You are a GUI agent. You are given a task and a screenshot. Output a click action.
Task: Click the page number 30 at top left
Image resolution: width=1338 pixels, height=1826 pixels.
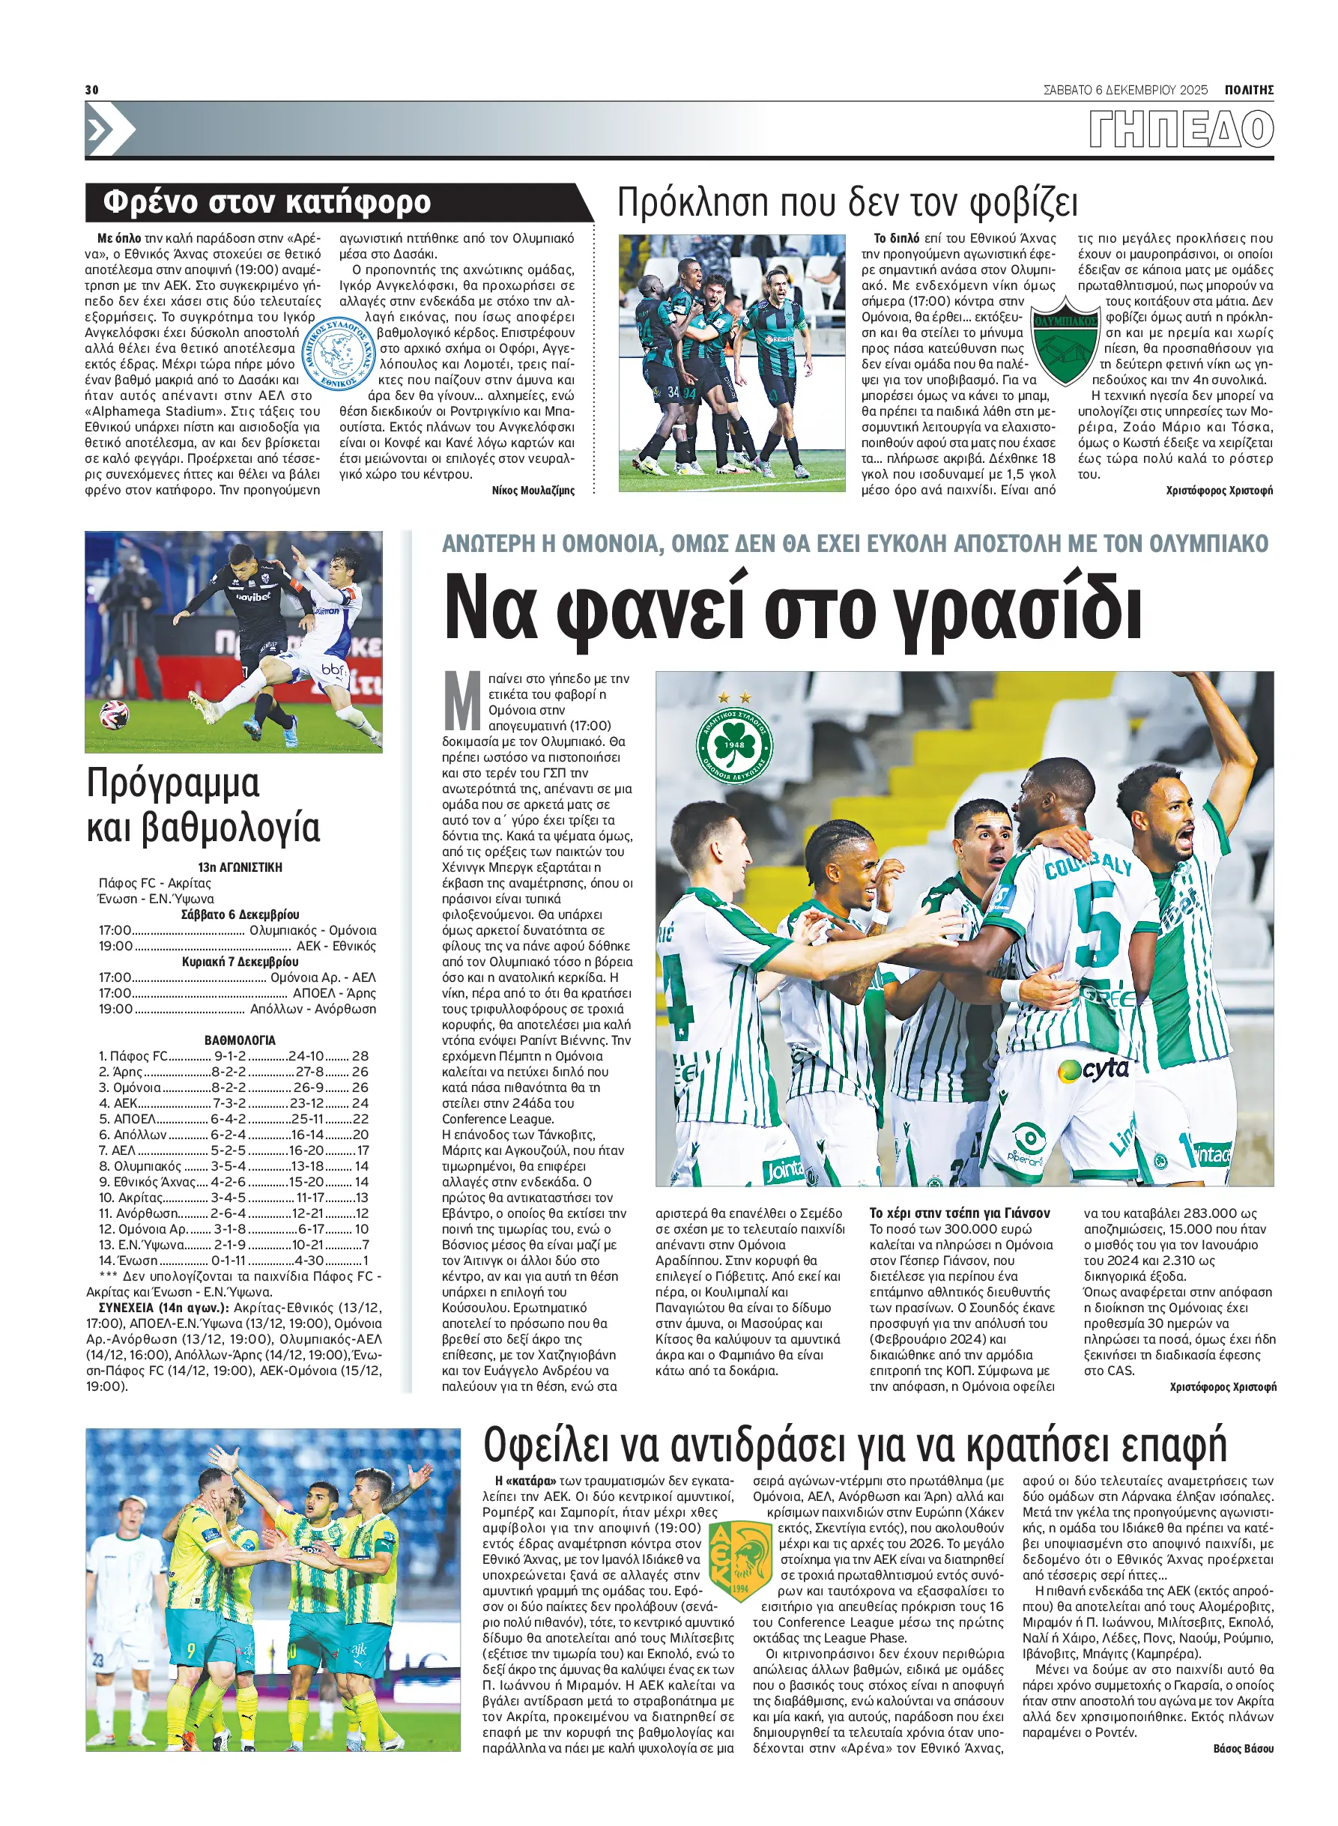point(91,89)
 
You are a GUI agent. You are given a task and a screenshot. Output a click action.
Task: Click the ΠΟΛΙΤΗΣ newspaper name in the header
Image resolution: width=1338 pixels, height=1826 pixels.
point(1248,90)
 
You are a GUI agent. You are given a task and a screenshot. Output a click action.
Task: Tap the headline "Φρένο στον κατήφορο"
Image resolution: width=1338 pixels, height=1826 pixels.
point(267,201)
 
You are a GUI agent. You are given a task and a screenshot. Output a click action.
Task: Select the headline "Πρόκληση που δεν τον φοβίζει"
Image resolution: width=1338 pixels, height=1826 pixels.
point(847,202)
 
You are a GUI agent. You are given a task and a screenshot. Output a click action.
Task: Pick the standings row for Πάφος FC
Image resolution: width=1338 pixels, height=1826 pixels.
point(233,1056)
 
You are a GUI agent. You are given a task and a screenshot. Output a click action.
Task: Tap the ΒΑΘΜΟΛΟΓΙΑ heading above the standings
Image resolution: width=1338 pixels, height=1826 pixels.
point(240,1040)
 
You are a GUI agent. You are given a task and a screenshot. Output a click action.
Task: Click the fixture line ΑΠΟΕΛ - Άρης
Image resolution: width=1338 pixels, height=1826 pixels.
point(237,992)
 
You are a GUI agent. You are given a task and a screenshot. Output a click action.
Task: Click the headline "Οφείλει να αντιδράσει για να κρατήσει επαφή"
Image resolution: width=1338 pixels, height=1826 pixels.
point(855,1443)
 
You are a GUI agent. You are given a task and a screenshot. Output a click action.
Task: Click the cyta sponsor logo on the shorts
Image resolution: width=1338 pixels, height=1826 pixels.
point(1094,1070)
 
